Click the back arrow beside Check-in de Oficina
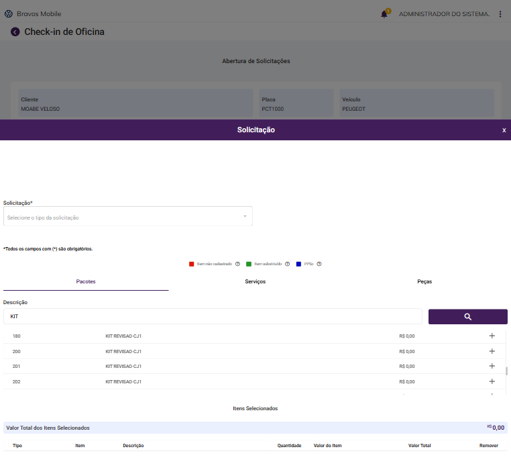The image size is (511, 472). pos(15,32)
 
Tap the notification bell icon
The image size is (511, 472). pos(384,14)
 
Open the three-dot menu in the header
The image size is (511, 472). pos(500,14)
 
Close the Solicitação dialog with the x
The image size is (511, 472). pos(504,130)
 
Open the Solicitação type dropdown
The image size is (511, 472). pos(128,217)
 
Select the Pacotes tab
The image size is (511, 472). pos(86,281)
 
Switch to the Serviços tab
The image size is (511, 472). pos(255,281)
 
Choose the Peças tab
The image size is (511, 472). pos(424,281)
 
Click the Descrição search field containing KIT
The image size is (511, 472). pos(213,316)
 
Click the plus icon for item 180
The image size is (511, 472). pos(492,336)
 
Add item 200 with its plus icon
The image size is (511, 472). pos(492,351)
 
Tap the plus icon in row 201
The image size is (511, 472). pos(492,366)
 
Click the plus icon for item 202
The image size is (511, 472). pos(492,381)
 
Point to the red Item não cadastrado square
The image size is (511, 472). pos(192,264)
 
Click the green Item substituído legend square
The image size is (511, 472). pos(249,264)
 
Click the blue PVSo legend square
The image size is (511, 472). pos(298,264)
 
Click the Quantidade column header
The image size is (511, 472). pos(289,446)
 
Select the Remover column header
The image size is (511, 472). pos(488,446)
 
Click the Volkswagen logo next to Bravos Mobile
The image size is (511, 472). pos(9,13)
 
